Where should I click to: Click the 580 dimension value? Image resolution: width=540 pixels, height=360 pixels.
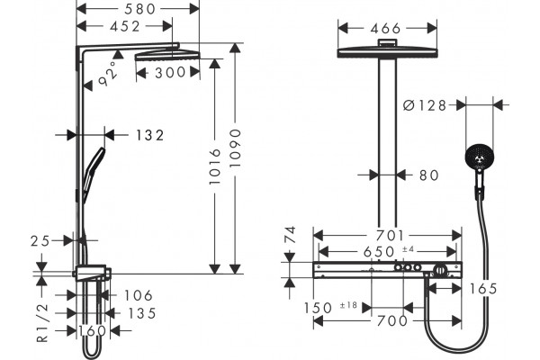(139, 9)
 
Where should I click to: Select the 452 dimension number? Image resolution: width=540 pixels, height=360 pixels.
(125, 26)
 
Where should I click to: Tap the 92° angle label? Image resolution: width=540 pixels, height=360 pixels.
(108, 74)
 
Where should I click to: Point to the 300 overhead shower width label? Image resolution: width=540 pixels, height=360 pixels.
(170, 72)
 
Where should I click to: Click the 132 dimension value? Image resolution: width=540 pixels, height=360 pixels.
(149, 135)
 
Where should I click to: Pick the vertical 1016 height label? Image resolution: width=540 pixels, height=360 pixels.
(215, 166)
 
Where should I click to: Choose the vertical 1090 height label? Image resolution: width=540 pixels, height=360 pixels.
(236, 148)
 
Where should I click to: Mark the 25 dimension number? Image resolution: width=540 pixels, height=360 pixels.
(40, 241)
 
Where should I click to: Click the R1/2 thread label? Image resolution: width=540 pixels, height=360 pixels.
(42, 323)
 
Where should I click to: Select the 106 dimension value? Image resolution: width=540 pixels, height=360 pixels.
(138, 295)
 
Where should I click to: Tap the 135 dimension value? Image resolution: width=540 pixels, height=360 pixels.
(142, 313)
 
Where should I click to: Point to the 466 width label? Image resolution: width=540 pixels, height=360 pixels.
(386, 29)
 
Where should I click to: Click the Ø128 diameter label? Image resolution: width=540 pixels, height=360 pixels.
(425, 105)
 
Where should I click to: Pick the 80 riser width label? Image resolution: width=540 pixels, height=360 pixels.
(429, 175)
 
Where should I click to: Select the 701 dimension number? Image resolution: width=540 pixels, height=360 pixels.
(390, 236)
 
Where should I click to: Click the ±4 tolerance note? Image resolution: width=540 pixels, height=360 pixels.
(408, 248)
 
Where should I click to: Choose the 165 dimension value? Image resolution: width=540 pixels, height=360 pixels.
(483, 289)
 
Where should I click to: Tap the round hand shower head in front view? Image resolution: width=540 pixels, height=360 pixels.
(479, 157)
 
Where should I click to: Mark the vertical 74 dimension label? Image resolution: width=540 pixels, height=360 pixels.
(291, 235)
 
